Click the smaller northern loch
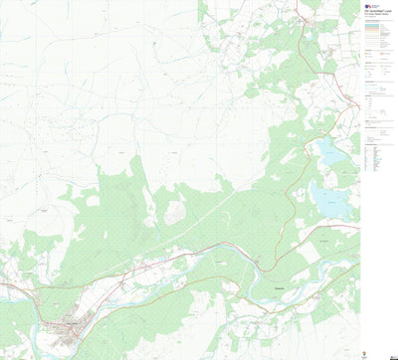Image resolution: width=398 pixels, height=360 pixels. point(327,151)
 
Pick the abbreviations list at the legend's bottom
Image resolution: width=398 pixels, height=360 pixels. point(375,158)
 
